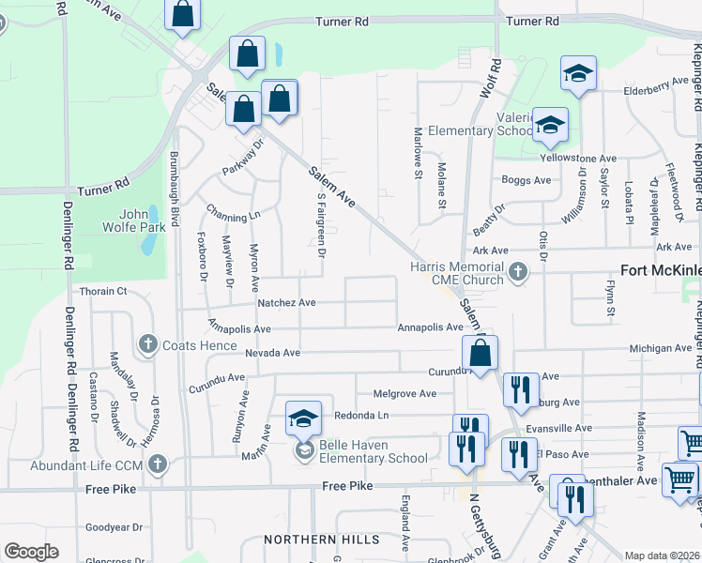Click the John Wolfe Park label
[143, 220]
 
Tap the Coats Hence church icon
[147, 345]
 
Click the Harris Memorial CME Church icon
[516, 273]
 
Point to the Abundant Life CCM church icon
[158, 464]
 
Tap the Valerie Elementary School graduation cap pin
[550, 127]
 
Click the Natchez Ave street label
[287, 303]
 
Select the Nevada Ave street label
[272, 353]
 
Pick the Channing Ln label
[234, 215]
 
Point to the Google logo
[31, 552]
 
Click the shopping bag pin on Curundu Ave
[480, 356]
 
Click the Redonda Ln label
[360, 415]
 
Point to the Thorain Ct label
[103, 292]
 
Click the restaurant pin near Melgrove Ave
[519, 389]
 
